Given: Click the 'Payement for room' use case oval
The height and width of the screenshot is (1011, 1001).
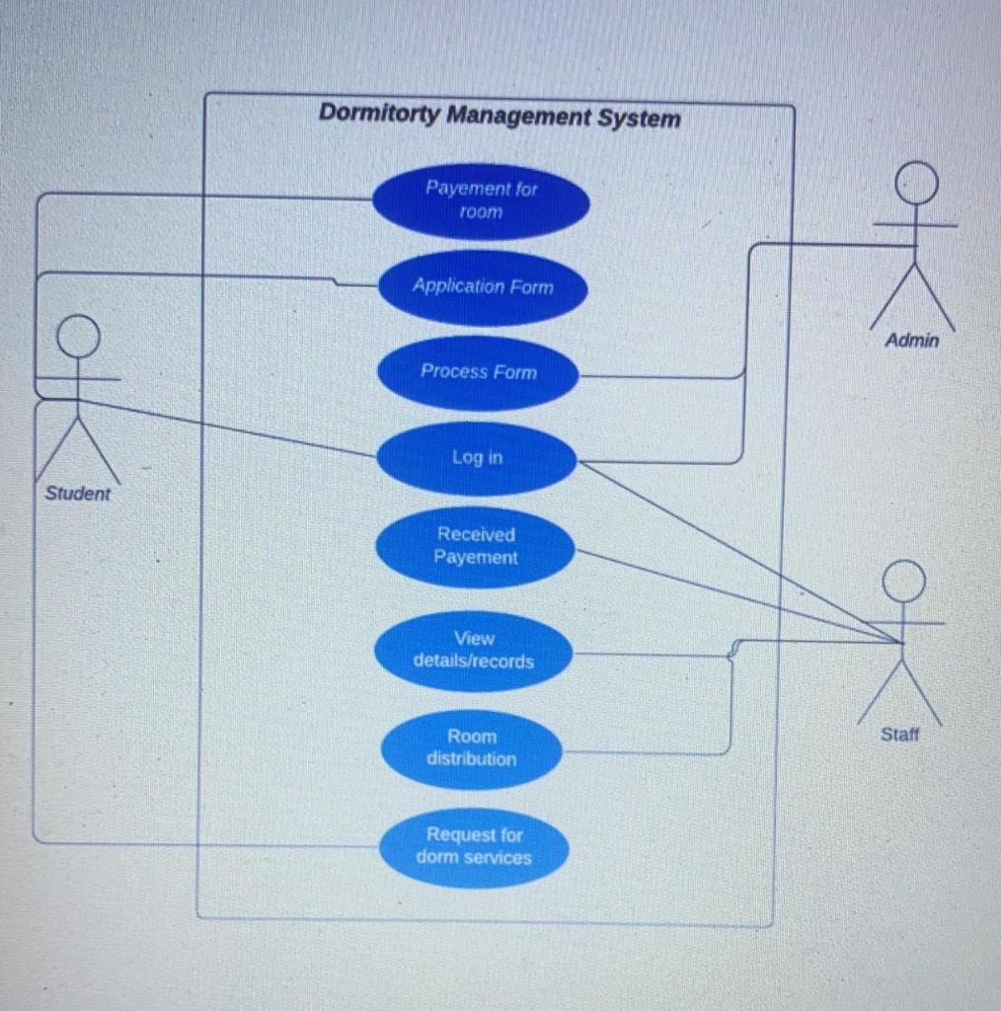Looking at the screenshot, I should point(481,200).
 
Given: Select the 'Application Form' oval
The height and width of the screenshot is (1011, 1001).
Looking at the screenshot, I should point(483,286).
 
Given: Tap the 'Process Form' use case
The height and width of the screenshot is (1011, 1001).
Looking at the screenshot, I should point(478,372).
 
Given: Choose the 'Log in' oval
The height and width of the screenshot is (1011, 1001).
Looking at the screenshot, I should point(477,457).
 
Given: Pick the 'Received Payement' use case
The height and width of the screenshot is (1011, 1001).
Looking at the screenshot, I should point(476,546).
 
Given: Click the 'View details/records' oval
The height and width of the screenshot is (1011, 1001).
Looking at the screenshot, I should point(474,651).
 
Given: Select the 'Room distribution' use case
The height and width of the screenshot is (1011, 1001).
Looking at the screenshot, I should point(471,748).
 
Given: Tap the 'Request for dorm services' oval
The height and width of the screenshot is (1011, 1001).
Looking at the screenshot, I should point(474,847).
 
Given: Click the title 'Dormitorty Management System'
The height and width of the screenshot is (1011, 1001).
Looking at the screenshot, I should point(499,117).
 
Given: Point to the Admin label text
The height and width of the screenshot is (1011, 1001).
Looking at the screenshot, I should point(911,341).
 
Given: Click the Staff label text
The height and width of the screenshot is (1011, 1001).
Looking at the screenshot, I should point(899,735).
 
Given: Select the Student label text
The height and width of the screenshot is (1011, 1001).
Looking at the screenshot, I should point(78,494).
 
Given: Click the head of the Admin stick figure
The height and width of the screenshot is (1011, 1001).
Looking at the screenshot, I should point(916,183).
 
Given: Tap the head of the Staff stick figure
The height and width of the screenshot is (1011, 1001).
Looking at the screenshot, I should point(903,581).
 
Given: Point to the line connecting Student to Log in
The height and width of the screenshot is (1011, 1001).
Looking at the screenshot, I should point(227,428).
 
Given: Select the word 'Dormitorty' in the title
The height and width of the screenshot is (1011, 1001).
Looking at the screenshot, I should point(379,114).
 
